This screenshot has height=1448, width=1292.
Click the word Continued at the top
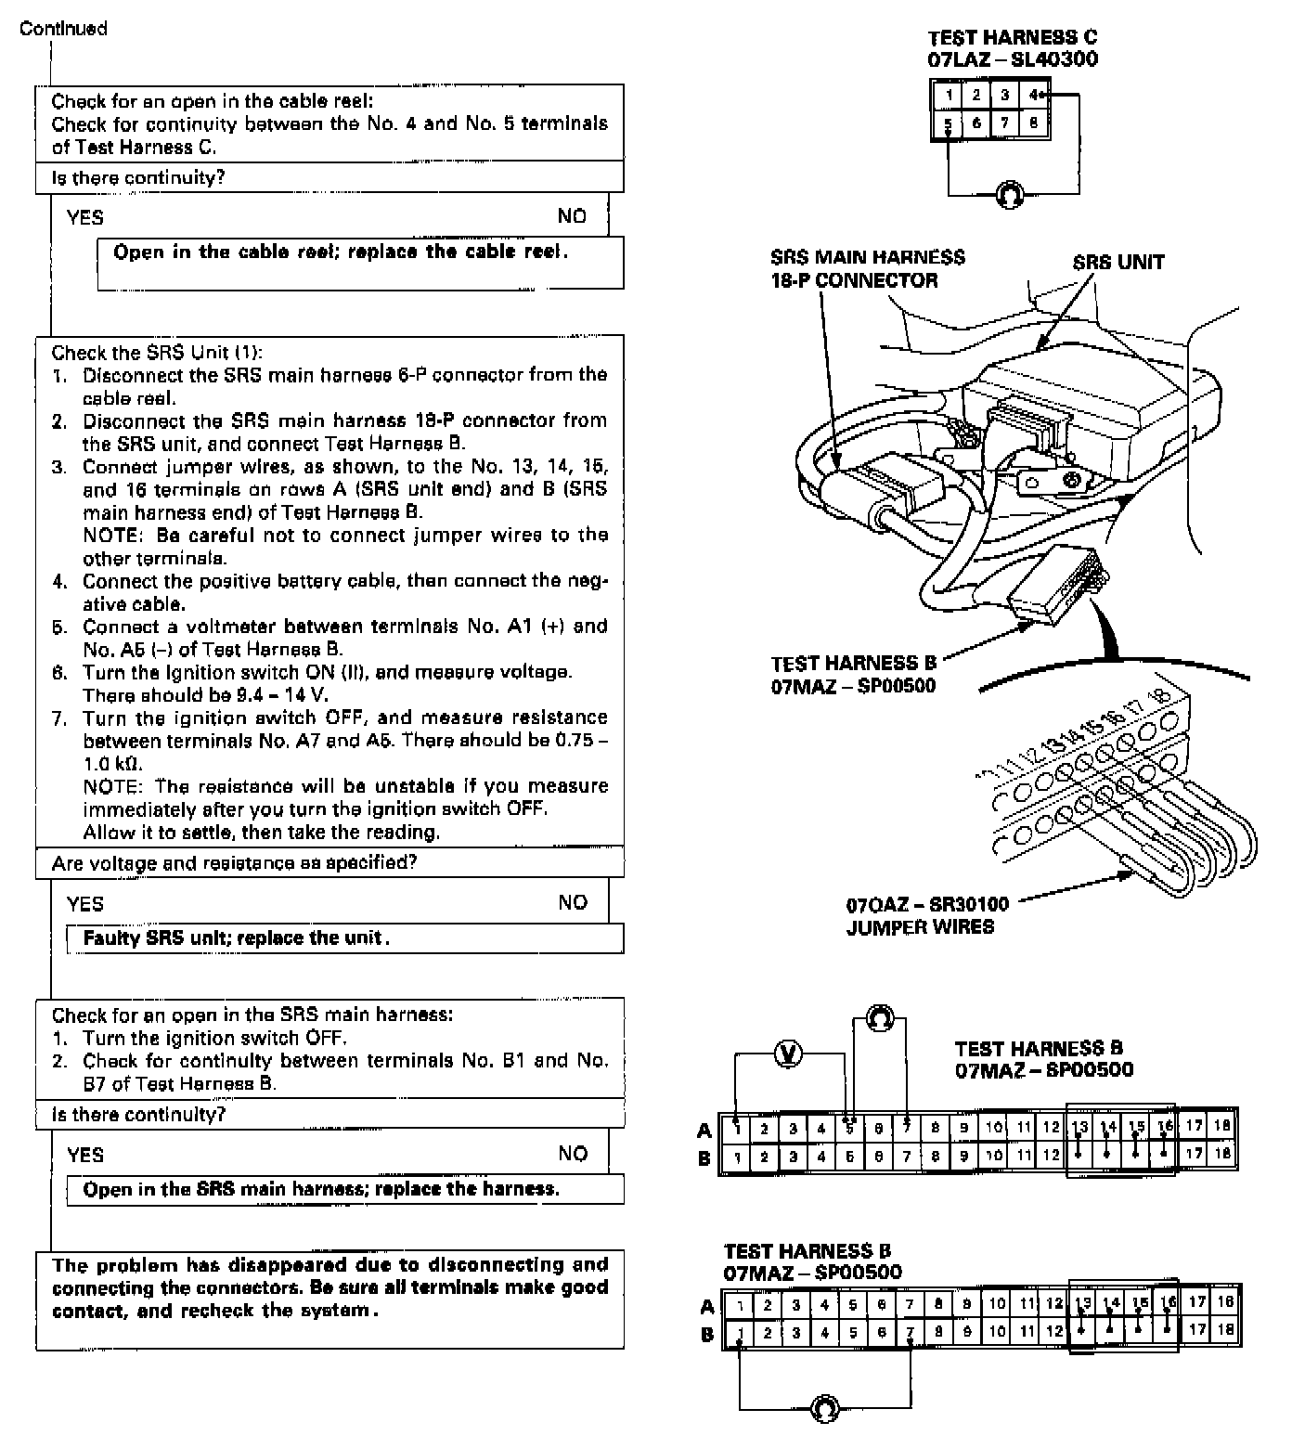click(x=63, y=29)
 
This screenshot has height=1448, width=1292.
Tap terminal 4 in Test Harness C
click(x=1033, y=95)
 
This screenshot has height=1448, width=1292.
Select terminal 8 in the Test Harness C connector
click(x=1033, y=123)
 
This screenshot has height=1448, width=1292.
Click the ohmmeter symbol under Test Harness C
click(x=1009, y=195)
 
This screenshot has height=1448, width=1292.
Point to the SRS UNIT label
click(x=1118, y=263)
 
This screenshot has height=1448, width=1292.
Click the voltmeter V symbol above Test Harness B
click(x=789, y=1054)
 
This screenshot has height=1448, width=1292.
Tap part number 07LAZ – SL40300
click(x=1013, y=59)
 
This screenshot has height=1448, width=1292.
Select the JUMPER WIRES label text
click(x=919, y=926)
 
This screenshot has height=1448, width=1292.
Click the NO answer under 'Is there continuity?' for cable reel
click(x=572, y=217)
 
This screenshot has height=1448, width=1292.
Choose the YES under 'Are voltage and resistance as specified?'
click(x=85, y=904)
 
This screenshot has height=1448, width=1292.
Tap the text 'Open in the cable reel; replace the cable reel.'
click(x=341, y=252)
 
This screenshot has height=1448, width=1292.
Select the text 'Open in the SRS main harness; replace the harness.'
click(x=321, y=1190)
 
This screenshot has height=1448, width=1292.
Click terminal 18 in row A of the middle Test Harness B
click(x=1222, y=1127)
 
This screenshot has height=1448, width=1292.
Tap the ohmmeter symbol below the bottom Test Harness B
click(x=824, y=1408)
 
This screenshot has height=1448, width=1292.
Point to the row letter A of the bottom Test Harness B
click(x=707, y=1307)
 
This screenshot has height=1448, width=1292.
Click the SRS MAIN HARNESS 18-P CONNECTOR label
click(x=867, y=269)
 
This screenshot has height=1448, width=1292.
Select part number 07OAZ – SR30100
click(x=926, y=904)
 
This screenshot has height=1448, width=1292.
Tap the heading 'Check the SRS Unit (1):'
click(x=157, y=353)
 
